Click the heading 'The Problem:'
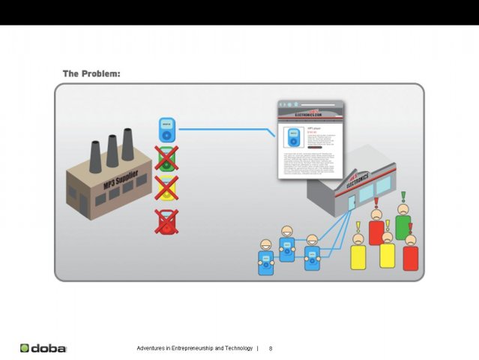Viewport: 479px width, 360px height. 91,74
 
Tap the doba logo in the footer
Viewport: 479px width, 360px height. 44,348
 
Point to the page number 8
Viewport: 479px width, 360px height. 271,349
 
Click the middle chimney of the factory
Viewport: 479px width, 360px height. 112,151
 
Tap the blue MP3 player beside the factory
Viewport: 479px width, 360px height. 166,129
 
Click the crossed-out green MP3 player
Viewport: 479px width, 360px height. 166,158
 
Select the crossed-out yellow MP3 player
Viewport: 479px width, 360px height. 166,188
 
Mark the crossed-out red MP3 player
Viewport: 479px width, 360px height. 166,221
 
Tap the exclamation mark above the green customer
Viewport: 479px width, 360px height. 403,196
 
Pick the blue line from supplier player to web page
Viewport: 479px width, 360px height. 225,129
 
